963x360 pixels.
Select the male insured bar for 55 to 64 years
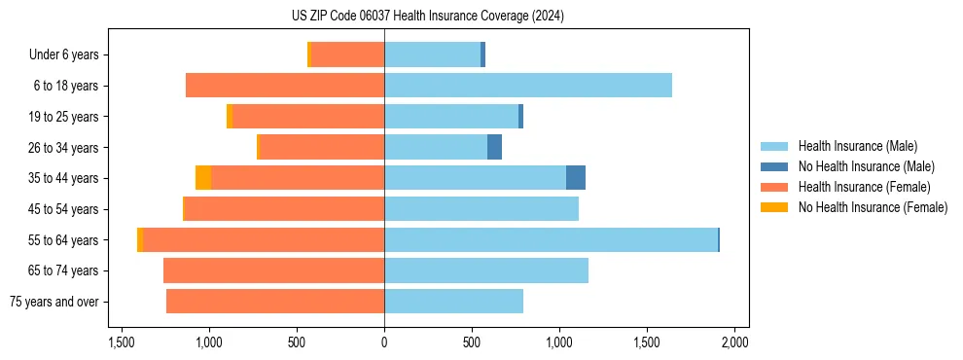click(551, 239)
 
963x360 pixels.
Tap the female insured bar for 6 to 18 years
click(285, 86)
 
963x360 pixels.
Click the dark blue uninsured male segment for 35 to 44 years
click(576, 178)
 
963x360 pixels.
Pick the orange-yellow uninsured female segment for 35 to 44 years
click(203, 178)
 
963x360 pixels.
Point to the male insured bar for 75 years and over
click(453, 302)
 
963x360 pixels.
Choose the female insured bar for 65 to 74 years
click(273, 270)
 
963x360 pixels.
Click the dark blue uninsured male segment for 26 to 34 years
click(494, 147)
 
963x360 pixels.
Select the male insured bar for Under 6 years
click(432, 54)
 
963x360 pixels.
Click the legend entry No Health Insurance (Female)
click(873, 207)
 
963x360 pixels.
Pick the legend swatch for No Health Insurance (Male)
click(774, 166)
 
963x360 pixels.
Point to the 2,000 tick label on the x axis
click(734, 342)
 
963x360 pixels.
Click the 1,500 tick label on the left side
click(122, 342)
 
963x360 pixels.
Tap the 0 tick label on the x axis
click(384, 342)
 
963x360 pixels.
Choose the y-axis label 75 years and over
click(54, 302)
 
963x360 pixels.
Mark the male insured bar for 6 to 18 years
click(528, 86)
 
